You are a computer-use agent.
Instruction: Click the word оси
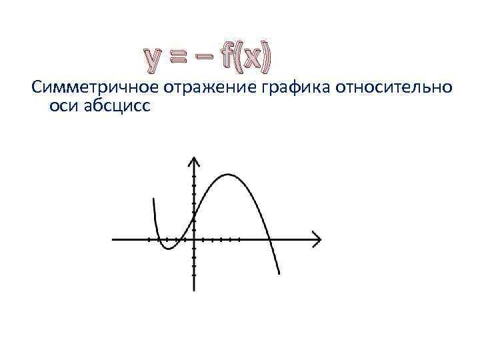coord(63,106)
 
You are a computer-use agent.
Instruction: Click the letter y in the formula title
coord(155,60)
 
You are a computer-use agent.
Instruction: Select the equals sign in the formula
coord(181,60)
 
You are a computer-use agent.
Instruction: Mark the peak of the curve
coord(228,175)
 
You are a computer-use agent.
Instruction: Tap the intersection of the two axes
coord(193,239)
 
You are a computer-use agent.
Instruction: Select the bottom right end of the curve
coord(279,273)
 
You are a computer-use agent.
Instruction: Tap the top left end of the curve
coord(154,199)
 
